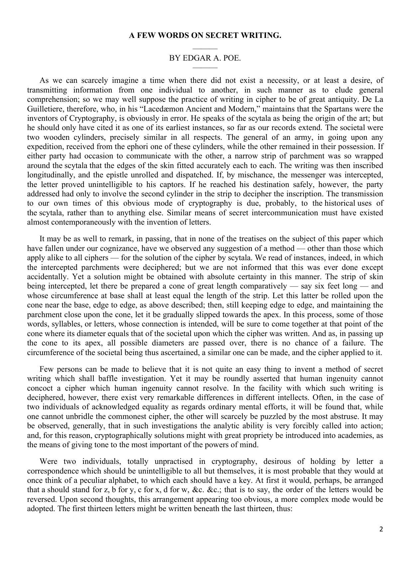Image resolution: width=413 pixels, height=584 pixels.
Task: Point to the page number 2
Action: (x=381, y=529)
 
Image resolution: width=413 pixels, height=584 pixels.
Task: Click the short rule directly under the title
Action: (x=205, y=49)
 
